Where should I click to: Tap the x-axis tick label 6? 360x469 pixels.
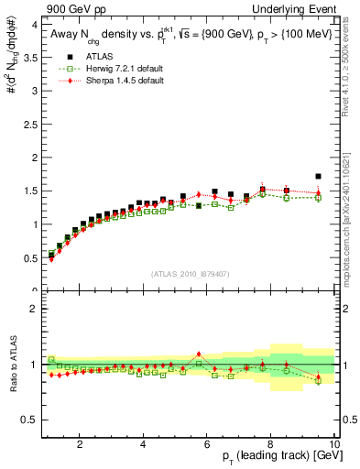pyautogui.click(x=207, y=444)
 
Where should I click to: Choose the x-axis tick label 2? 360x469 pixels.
pyautogui.click(x=80, y=444)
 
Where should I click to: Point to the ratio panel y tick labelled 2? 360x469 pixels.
pyautogui.click(x=34, y=309)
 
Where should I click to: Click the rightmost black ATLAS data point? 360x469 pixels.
pyautogui.click(x=318, y=176)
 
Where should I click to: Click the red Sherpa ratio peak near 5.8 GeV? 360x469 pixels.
pyautogui.click(x=199, y=353)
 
